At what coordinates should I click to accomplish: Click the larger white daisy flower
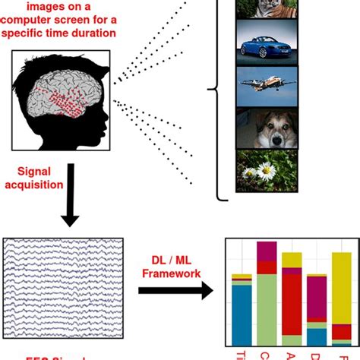[266, 171]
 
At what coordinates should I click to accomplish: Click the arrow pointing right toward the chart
[175, 291]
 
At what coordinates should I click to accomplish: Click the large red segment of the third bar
[292, 311]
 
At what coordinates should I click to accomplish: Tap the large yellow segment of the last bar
[341, 296]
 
